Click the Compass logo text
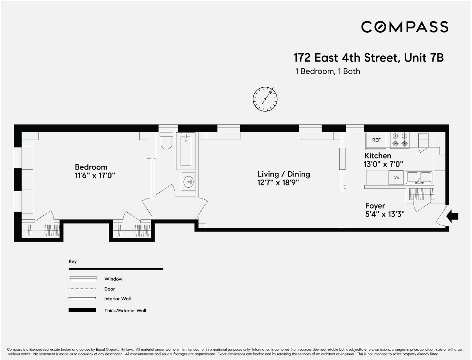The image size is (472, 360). (405, 27)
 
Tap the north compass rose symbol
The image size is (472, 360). (265, 99)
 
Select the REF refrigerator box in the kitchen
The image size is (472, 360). (376, 140)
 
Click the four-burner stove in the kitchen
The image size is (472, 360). (400, 140)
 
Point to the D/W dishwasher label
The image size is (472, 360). (396, 178)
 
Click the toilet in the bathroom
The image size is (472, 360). (167, 141)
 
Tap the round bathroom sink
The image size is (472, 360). (188, 182)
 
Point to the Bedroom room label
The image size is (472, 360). (91, 167)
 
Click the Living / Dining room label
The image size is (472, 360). (284, 174)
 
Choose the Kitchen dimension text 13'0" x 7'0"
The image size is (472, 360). (384, 164)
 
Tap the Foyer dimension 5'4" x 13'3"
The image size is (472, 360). (385, 214)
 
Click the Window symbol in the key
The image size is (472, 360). (83, 279)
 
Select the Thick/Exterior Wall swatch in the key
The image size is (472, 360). (82, 310)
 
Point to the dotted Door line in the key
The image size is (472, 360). (82, 289)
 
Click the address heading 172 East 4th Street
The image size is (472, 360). (369, 58)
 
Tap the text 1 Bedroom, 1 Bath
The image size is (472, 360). (328, 72)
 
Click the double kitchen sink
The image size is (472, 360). (419, 177)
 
